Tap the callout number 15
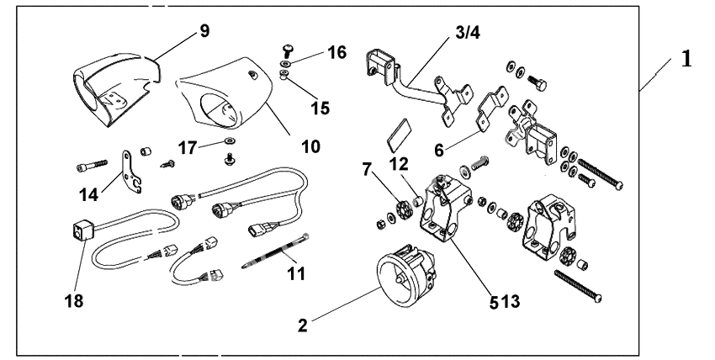pos(319,109)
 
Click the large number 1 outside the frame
pos(687,60)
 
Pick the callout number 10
pos(310,146)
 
